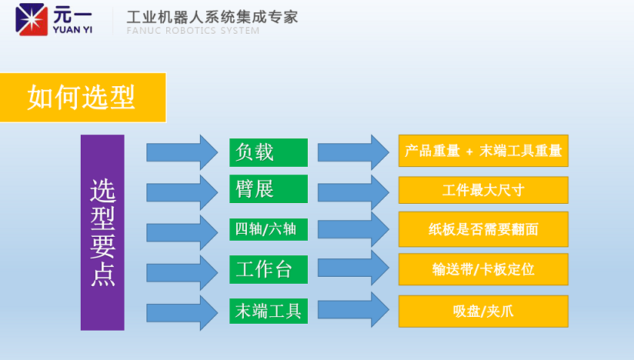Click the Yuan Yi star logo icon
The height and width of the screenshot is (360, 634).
tap(31, 18)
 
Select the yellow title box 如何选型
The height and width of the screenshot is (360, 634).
tap(82, 98)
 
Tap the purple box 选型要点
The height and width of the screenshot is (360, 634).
tap(102, 232)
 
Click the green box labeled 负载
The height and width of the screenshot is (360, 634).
tap(268, 152)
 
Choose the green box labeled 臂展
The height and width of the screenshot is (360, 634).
tap(268, 188)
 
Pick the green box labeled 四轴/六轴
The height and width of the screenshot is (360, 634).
tap(268, 228)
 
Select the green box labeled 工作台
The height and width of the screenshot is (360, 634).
tap(268, 269)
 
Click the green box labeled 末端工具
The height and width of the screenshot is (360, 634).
tap(268, 311)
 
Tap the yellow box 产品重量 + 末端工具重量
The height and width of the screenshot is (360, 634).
tap(483, 151)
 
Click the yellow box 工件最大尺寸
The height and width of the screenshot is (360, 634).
tap(483, 190)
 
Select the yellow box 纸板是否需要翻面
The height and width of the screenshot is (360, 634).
tap(483, 229)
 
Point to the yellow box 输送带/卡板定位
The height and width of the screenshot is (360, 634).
tap(483, 269)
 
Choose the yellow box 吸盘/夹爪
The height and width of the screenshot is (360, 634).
tap(483, 311)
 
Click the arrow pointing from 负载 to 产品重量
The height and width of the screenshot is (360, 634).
tap(353, 152)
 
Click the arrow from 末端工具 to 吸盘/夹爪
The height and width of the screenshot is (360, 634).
tap(353, 309)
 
